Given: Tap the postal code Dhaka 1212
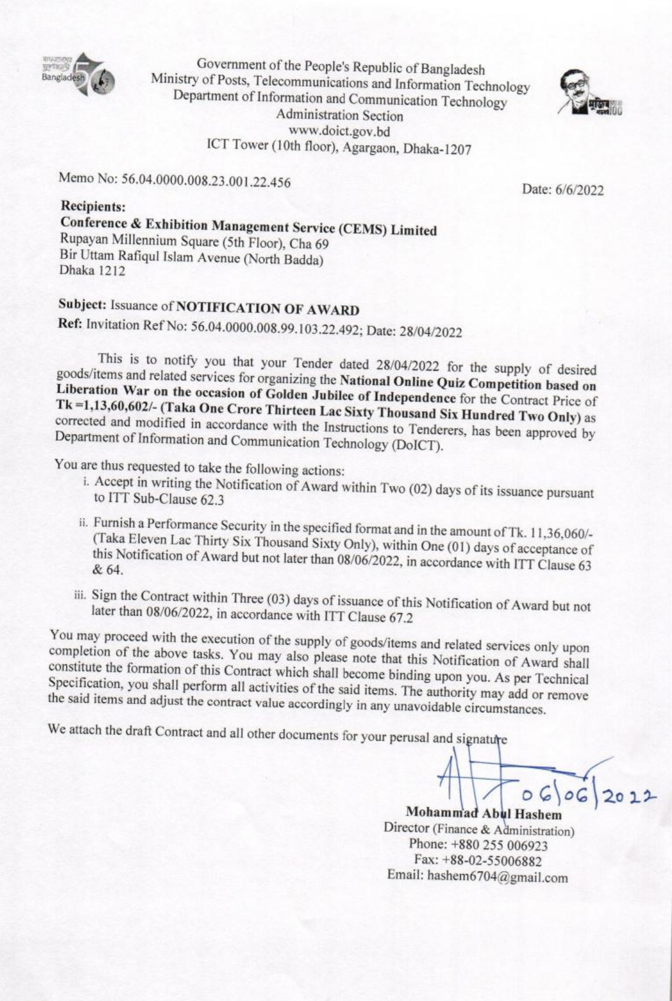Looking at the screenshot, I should [x=93, y=271].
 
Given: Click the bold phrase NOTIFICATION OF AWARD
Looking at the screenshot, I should [x=268, y=309].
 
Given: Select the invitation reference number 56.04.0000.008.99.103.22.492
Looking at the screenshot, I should [x=277, y=329].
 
